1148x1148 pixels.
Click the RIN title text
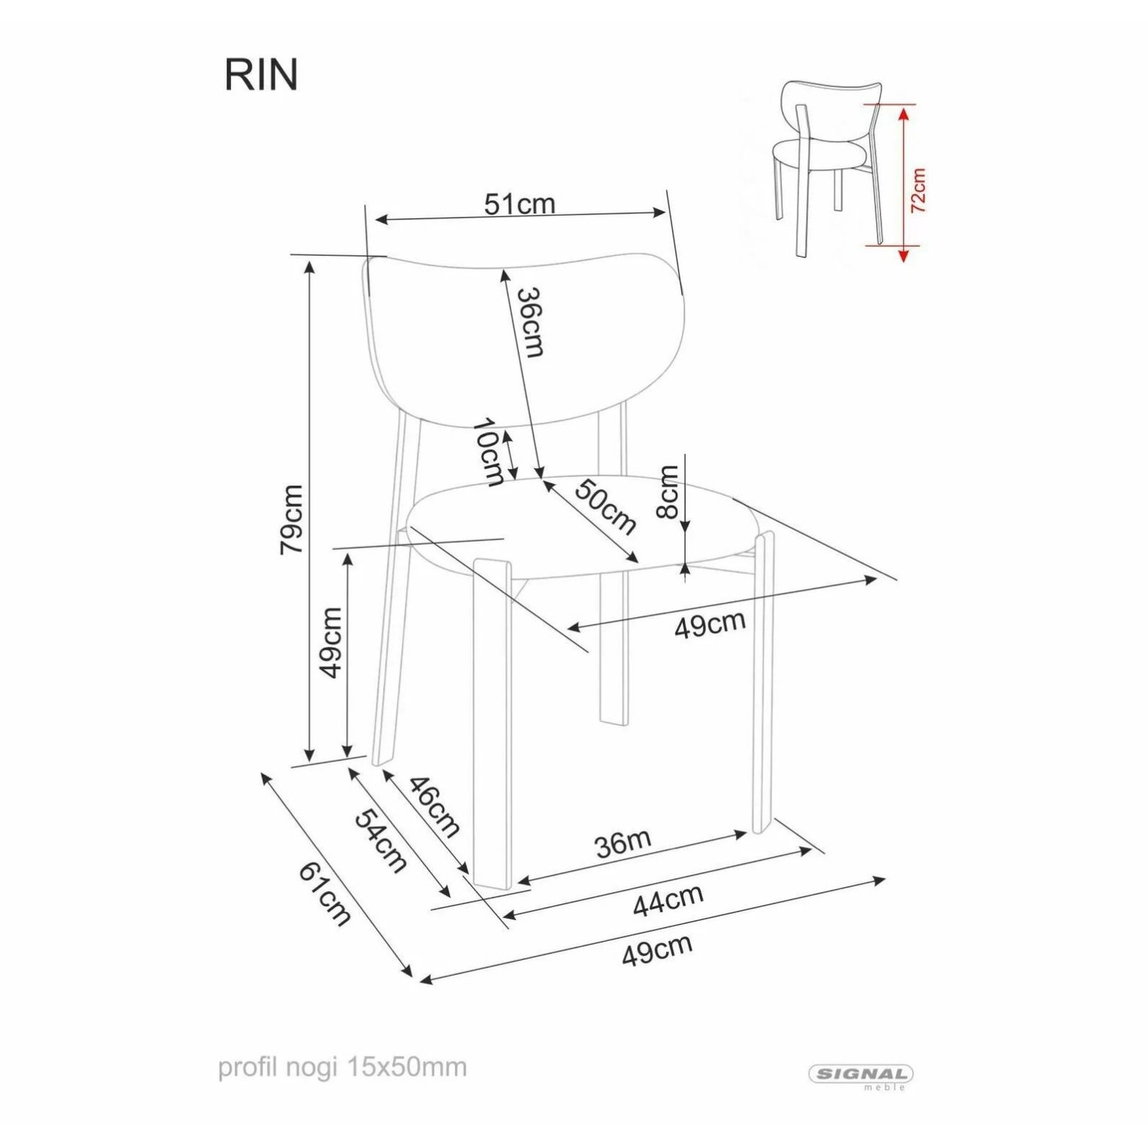261,75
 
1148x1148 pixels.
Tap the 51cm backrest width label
520,204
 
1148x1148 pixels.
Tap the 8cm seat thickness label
668,492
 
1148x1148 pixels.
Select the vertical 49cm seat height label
331,643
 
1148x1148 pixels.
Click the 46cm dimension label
434,807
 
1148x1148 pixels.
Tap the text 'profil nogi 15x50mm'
343,1068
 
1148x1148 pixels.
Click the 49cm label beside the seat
710,625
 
